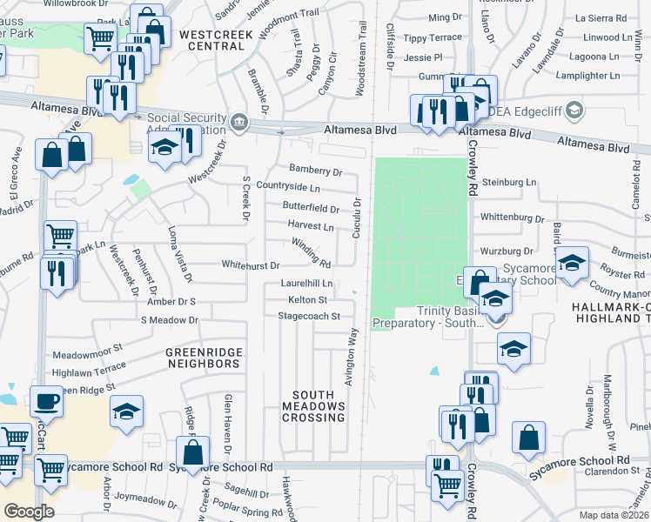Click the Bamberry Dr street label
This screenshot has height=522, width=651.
tap(316, 172)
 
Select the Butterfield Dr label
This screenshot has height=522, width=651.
tap(311, 208)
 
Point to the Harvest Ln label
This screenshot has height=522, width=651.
tap(311, 226)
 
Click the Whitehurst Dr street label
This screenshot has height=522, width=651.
tap(251, 264)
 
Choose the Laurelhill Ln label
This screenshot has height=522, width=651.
tap(306, 283)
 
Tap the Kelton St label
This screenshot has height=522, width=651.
tap(307, 299)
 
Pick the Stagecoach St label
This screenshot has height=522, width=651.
tap(308, 317)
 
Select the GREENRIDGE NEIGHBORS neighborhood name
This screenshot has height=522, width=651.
tap(204, 358)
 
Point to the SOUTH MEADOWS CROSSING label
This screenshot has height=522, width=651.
tap(313, 406)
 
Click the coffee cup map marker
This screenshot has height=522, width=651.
tap(45, 402)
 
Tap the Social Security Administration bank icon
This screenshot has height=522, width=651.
tap(237, 120)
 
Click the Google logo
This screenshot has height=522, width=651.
tap(29, 512)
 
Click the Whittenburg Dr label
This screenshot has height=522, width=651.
tap(513, 217)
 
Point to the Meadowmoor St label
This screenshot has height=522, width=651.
tap(88, 355)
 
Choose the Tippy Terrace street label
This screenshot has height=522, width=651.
tap(433, 38)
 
